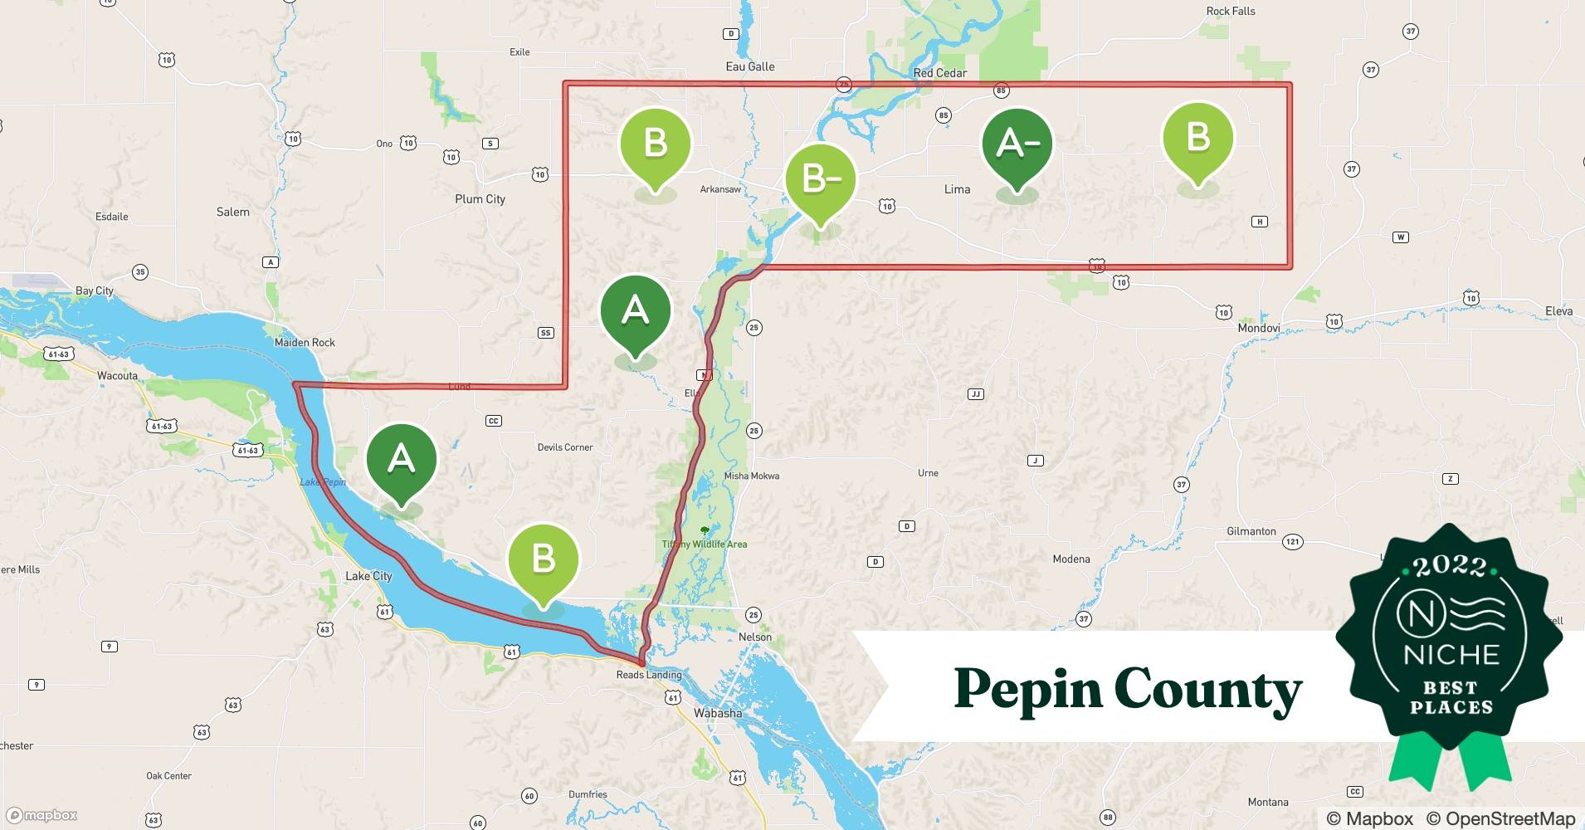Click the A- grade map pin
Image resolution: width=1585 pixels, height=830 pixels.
(1017, 145)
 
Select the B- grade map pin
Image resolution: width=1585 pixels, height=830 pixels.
(820, 179)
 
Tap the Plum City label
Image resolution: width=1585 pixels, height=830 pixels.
(480, 199)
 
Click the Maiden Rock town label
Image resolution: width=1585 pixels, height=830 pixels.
(305, 342)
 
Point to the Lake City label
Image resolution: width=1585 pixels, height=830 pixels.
(368, 576)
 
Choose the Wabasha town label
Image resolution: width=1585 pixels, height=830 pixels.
(718, 713)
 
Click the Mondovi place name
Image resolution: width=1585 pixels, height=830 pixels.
(1258, 328)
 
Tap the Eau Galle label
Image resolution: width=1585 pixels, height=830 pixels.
(750, 66)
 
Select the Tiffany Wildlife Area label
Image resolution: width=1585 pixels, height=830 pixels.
(704, 544)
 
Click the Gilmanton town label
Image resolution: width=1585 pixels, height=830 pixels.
(1251, 531)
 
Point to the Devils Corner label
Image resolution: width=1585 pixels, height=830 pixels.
(565, 447)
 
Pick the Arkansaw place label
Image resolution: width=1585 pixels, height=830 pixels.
(720, 189)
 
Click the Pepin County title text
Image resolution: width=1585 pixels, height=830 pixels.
(1128, 689)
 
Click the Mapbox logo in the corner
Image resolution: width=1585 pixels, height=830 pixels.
(42, 815)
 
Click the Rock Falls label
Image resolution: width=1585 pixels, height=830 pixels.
(1230, 11)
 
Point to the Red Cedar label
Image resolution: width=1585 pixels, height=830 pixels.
(939, 73)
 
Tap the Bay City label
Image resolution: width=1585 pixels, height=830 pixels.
(94, 290)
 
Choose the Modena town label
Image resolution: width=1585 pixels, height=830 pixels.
(1070, 559)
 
